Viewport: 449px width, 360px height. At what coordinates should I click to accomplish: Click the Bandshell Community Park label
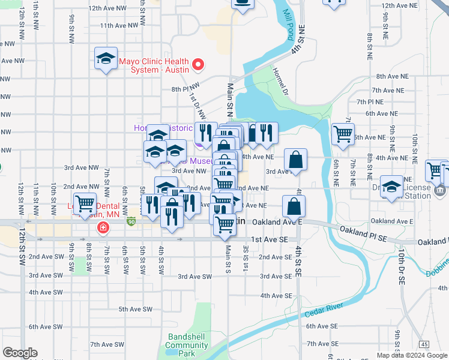click(x=187, y=345)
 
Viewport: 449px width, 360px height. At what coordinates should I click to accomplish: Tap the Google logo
click(x=20, y=353)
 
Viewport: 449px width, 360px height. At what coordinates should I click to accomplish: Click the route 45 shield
click(x=424, y=344)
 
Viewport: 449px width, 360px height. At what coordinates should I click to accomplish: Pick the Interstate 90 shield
click(x=131, y=222)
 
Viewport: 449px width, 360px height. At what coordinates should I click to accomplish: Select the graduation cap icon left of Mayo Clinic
click(x=106, y=59)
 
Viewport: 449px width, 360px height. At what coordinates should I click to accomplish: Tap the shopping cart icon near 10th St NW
click(x=85, y=202)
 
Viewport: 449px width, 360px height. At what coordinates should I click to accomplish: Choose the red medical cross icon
click(x=103, y=227)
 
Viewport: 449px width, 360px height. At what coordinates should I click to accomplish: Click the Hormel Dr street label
click(x=286, y=89)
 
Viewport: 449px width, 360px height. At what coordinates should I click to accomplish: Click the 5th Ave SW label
click(x=135, y=309)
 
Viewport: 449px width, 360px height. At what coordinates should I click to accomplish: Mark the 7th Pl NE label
click(x=370, y=102)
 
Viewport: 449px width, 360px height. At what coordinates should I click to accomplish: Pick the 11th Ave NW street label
click(x=119, y=26)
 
